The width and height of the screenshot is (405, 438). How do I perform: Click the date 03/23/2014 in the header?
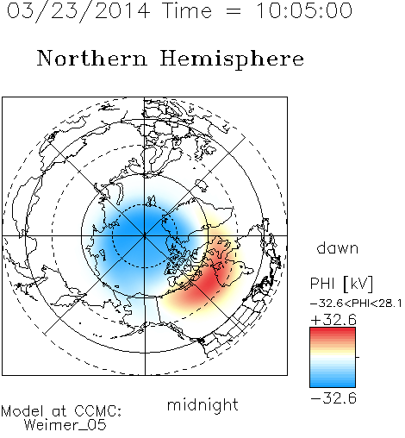78,11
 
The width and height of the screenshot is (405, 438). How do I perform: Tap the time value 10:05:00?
303,10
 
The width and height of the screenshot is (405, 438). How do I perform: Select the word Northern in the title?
92,59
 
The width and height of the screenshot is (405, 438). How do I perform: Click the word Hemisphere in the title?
232,59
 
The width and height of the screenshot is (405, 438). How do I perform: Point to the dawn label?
338,247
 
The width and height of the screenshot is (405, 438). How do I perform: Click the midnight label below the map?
202,404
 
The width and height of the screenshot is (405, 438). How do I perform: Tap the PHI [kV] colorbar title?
341,284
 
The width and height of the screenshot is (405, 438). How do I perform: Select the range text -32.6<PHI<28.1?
356,303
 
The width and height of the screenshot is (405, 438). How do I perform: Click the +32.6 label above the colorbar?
333,320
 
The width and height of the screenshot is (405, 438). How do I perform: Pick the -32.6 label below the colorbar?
333,398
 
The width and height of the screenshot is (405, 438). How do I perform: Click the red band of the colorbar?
333,334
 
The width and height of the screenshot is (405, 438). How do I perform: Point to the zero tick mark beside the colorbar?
358,357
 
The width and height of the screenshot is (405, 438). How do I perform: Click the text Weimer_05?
65,425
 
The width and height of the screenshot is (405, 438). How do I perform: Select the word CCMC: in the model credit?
98,411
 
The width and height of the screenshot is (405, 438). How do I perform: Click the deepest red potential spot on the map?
212,280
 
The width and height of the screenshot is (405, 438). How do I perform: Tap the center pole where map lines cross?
145,235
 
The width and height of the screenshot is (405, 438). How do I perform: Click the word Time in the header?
187,10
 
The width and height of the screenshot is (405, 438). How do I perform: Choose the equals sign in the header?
234,12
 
